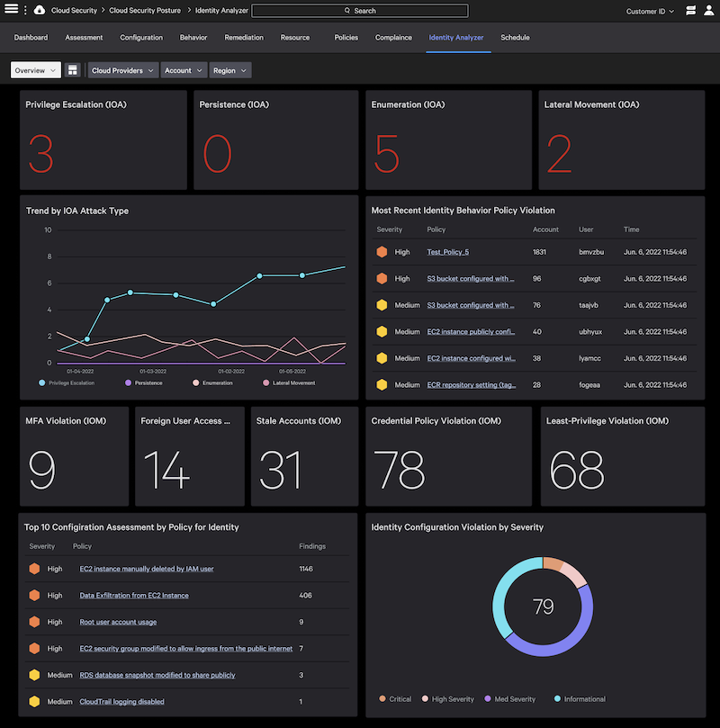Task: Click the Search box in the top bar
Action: click(x=360, y=11)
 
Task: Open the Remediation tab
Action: click(x=244, y=38)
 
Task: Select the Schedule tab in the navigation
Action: click(x=515, y=38)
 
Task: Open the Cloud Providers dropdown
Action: click(x=122, y=70)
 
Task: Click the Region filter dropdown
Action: click(x=229, y=70)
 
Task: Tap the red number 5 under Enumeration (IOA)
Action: click(x=387, y=154)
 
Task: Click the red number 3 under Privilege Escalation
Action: click(x=40, y=154)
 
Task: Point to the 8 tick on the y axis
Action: click(x=49, y=256)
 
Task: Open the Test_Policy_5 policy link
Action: click(x=447, y=252)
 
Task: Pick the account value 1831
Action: click(x=539, y=252)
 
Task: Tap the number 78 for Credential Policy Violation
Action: click(x=400, y=469)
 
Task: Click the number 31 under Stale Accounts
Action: click(x=280, y=469)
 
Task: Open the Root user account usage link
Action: click(x=117, y=621)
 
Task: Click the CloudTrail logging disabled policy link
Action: click(x=121, y=701)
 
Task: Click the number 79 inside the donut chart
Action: click(x=543, y=607)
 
